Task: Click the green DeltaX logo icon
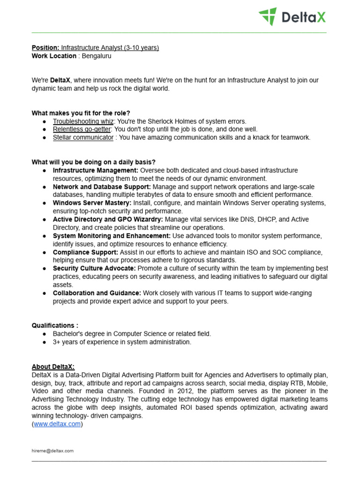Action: (x=268, y=16)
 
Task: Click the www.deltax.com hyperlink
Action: (x=57, y=424)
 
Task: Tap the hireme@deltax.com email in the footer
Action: (x=52, y=450)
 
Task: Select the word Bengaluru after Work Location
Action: (x=97, y=56)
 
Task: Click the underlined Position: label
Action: (x=45, y=48)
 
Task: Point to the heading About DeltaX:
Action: (x=53, y=367)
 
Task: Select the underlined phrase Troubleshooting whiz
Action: (x=83, y=121)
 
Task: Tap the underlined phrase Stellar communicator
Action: (x=83, y=137)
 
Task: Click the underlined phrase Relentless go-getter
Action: (x=82, y=129)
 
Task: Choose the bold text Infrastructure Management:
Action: (x=96, y=170)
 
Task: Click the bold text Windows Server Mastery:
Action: (x=92, y=203)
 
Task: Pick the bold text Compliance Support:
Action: (x=85, y=252)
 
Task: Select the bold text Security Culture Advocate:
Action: (x=94, y=268)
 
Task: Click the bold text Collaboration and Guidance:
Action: (x=97, y=293)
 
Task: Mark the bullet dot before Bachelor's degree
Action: (x=44, y=334)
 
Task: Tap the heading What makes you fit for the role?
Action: (x=81, y=113)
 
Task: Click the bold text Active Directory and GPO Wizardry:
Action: (x=108, y=219)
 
